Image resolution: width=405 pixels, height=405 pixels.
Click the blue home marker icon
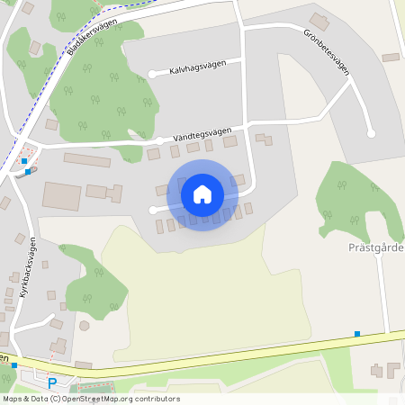(x=202, y=194)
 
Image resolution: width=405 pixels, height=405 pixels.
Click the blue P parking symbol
(x=51, y=383)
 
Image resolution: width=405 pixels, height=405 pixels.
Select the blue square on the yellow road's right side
(x=357, y=334)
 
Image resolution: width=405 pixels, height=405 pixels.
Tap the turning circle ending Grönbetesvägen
(x=371, y=134)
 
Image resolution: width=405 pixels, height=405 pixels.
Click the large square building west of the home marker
(x=61, y=195)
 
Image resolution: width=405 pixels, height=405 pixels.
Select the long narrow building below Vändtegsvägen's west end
(x=86, y=160)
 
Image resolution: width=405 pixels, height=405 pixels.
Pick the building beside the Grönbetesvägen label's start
(x=319, y=21)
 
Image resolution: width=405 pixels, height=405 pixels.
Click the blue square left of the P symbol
(x=14, y=366)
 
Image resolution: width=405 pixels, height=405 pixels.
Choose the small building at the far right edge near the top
(x=390, y=58)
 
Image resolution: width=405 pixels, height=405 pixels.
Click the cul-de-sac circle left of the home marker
(x=151, y=210)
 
